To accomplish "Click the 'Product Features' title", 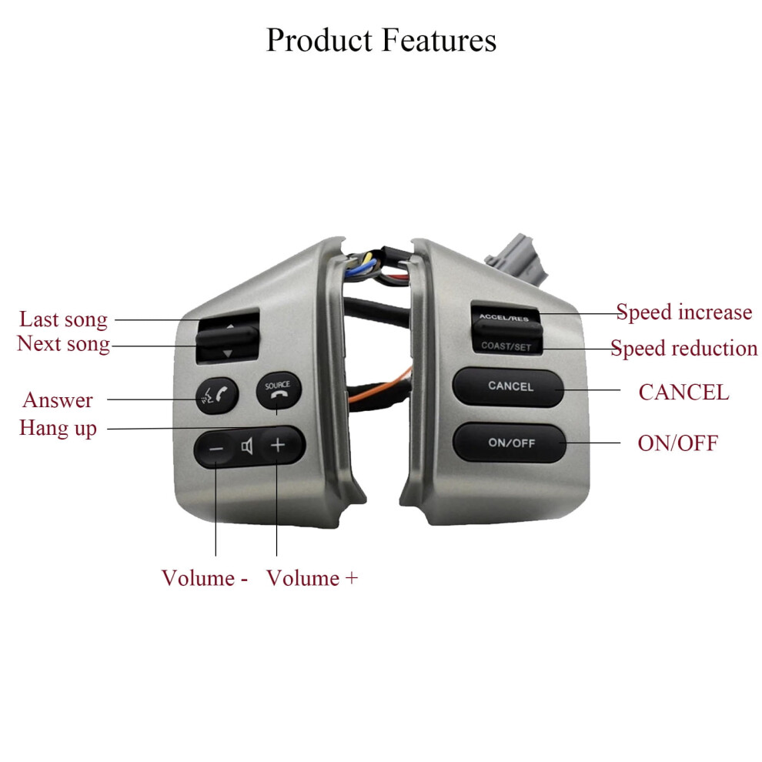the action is pos(382,40).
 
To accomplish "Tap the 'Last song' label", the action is pos(63,319).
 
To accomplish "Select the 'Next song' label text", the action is pos(64,344).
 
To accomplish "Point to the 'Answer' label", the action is pos(58,400).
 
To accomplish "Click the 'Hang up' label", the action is pos(58,428).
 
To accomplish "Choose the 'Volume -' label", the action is pos(205,578).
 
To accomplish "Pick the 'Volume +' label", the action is pos(312,578).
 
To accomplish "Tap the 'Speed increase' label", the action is pos(684,312).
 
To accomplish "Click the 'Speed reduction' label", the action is pos(683,349).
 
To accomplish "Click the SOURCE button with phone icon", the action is pos(279,390).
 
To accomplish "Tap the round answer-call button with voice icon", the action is pos(217,396).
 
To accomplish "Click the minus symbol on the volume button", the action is pos(216,449).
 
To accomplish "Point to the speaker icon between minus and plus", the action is pos(247,446).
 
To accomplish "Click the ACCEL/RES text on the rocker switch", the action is pos(504,317).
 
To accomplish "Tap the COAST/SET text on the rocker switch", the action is pos(506,346).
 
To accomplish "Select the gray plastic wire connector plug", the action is pos(516,258).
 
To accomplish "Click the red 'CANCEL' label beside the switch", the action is pos(683,393).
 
